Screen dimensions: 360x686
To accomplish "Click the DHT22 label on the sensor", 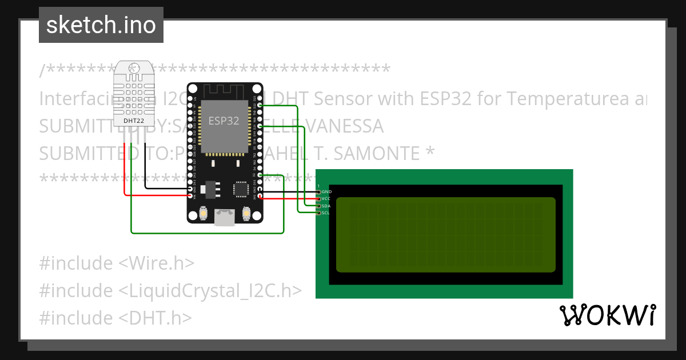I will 133,120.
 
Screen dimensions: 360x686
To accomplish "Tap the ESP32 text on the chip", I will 224,121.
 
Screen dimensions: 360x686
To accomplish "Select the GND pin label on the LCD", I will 326,191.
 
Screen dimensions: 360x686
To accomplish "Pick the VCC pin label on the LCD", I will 326,198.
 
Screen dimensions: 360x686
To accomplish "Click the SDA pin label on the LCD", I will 326,206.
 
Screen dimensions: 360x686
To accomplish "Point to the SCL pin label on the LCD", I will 326,213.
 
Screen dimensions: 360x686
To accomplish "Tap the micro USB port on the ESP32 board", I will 225,217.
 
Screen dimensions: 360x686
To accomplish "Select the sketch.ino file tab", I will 101,25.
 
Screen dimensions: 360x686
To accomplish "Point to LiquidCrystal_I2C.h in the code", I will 210,290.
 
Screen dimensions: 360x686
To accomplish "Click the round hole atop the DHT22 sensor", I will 133,69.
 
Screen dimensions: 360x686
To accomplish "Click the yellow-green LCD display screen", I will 445,235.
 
